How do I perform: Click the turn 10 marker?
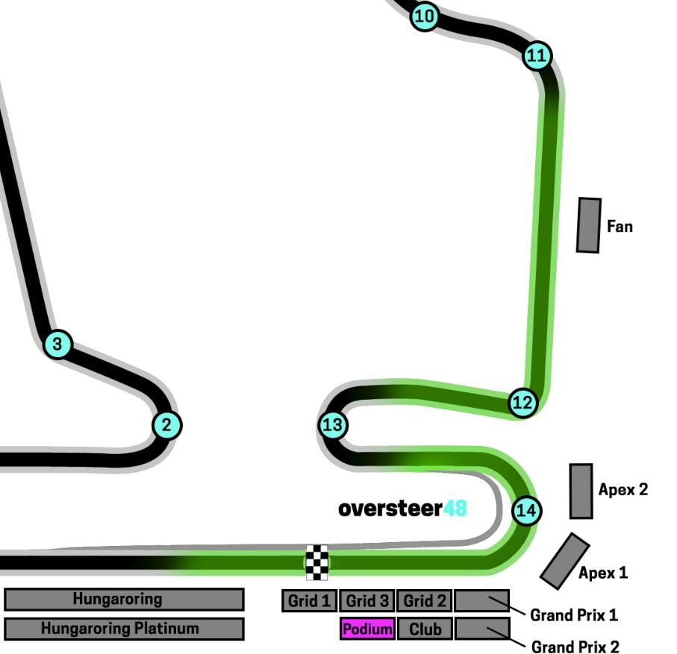[x=424, y=15]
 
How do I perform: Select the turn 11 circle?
[x=537, y=56]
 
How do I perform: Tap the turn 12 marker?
[x=522, y=403]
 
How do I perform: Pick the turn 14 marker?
[x=526, y=511]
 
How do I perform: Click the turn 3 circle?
[x=57, y=345]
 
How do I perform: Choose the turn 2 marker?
[x=166, y=425]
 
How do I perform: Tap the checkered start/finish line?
[x=316, y=562]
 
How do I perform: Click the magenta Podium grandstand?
[x=366, y=629]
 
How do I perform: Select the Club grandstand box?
[x=425, y=629]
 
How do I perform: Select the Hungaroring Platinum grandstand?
[x=124, y=629]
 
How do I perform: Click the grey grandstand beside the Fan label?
[x=589, y=225]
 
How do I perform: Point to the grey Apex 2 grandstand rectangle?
[x=581, y=491]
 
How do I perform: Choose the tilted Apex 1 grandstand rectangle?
[x=565, y=561]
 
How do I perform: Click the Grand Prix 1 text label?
[x=573, y=616]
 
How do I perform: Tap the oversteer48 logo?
[x=402, y=509]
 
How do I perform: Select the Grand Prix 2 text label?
[x=575, y=646]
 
